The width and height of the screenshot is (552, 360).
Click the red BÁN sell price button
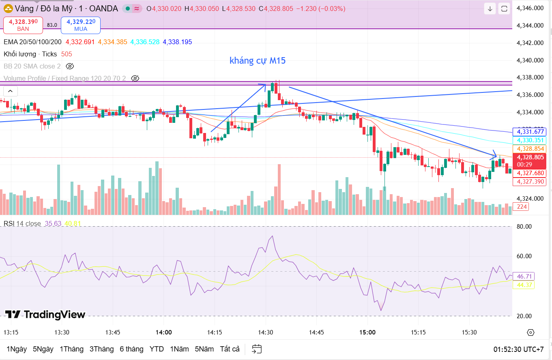click(x=23, y=25)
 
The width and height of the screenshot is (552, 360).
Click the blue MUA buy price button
click(x=81, y=25)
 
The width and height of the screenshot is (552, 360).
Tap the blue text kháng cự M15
click(x=258, y=61)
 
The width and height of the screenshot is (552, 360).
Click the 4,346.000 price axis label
click(x=530, y=8)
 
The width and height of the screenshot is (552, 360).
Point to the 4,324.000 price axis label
click(x=530, y=199)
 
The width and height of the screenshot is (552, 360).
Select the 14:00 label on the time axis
click(x=163, y=332)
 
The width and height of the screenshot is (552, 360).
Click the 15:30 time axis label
click(x=469, y=332)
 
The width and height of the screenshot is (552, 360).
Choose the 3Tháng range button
click(x=103, y=349)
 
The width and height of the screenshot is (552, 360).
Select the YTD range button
click(x=157, y=349)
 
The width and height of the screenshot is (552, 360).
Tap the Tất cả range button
click(x=230, y=349)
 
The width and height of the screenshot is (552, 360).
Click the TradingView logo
click(x=45, y=315)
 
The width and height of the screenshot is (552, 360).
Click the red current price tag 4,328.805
click(x=530, y=157)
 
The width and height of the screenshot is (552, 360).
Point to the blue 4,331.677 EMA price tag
click(x=530, y=132)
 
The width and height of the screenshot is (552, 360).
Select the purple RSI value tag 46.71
click(x=523, y=276)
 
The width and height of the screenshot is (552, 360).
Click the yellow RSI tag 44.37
click(x=523, y=285)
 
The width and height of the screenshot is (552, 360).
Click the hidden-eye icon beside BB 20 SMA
click(x=70, y=66)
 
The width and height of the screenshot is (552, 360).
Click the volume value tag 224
click(x=522, y=207)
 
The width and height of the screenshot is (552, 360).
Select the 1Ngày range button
click(x=17, y=349)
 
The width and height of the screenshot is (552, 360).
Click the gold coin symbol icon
click(x=8, y=9)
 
